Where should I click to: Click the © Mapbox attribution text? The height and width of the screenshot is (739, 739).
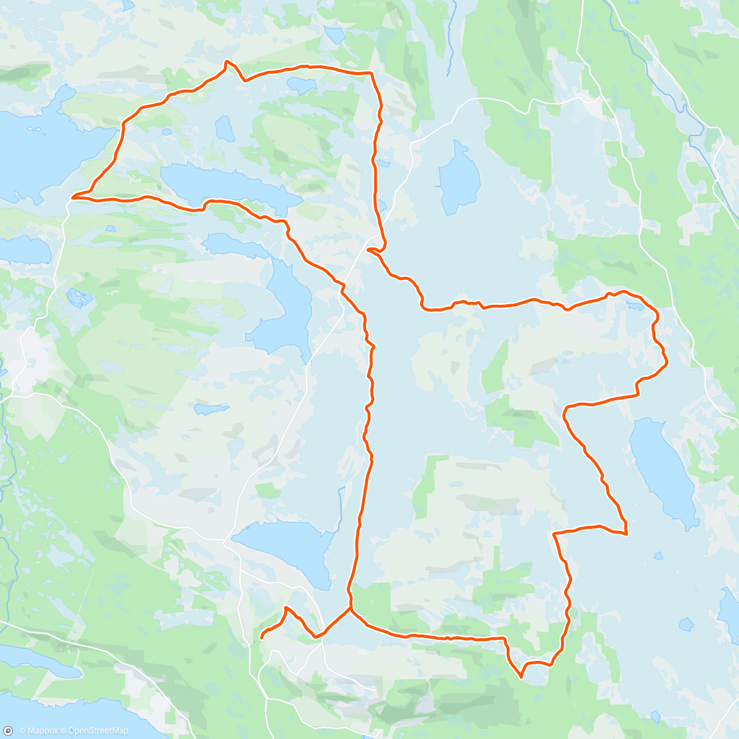pos(39,731)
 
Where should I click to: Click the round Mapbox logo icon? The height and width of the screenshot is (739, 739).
pos(8,730)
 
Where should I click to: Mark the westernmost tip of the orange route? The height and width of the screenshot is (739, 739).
pos(73,197)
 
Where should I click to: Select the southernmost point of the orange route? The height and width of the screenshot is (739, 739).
pos(522,677)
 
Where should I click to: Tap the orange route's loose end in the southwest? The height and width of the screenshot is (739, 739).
pos(262,637)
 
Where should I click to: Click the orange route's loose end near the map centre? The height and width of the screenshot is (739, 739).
pos(368,250)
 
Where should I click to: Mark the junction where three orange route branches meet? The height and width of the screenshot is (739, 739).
pos(351,609)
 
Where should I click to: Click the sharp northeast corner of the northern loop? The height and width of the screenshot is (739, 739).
pos(372,73)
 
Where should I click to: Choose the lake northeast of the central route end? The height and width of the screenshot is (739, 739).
pos(459,176)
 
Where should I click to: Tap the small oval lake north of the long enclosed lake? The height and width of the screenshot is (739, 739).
pos(224,128)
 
